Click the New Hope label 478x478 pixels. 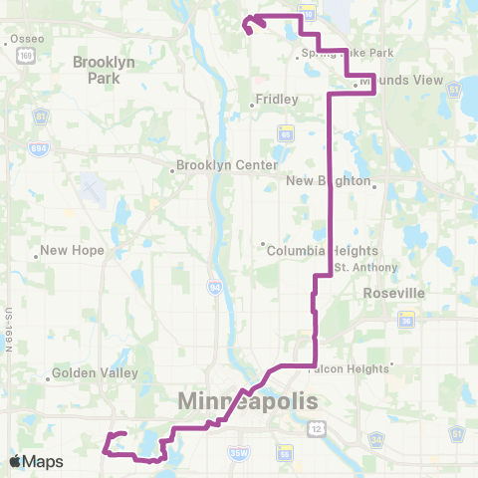[72, 251]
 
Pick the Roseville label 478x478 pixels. [396, 294]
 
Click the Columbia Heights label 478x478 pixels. [313, 251]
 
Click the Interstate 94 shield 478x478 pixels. [215, 287]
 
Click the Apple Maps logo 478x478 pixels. [36, 461]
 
